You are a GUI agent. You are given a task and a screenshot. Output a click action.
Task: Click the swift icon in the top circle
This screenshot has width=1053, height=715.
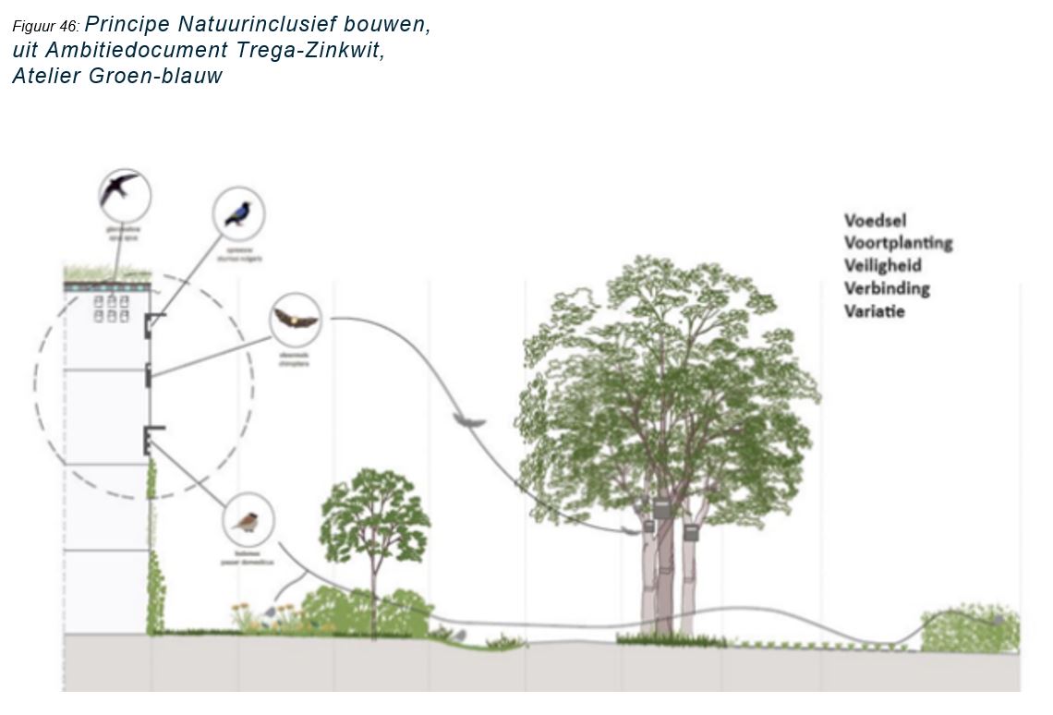[124, 194]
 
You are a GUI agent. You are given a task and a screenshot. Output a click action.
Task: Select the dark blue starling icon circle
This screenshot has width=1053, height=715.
[238, 213]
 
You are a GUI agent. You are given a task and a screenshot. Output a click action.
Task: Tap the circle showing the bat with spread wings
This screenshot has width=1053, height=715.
[295, 321]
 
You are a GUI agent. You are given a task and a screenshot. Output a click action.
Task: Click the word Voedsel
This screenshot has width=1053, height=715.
[875, 221]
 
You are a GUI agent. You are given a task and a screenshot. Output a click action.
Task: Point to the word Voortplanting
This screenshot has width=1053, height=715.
[898, 243]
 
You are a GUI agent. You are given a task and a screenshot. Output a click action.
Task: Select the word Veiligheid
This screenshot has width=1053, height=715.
[882, 266]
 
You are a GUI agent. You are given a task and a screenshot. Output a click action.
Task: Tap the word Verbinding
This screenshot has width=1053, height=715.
[887, 288]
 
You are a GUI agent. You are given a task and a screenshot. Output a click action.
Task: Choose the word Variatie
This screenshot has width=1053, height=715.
[874, 311]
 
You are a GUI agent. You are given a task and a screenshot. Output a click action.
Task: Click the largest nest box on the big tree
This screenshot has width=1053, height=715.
[661, 509]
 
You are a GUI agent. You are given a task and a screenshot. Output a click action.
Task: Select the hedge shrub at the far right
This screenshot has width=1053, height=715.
[970, 633]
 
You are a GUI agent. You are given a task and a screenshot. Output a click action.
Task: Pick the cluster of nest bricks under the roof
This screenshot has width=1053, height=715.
[112, 309]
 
